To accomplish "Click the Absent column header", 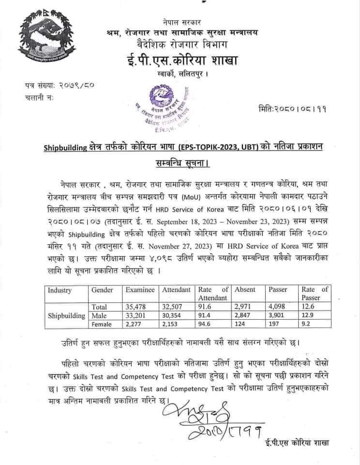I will click(245, 290).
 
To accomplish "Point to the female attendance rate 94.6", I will click(206, 324).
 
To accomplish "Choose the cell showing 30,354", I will click(173, 315).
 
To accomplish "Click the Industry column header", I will click(60, 290).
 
